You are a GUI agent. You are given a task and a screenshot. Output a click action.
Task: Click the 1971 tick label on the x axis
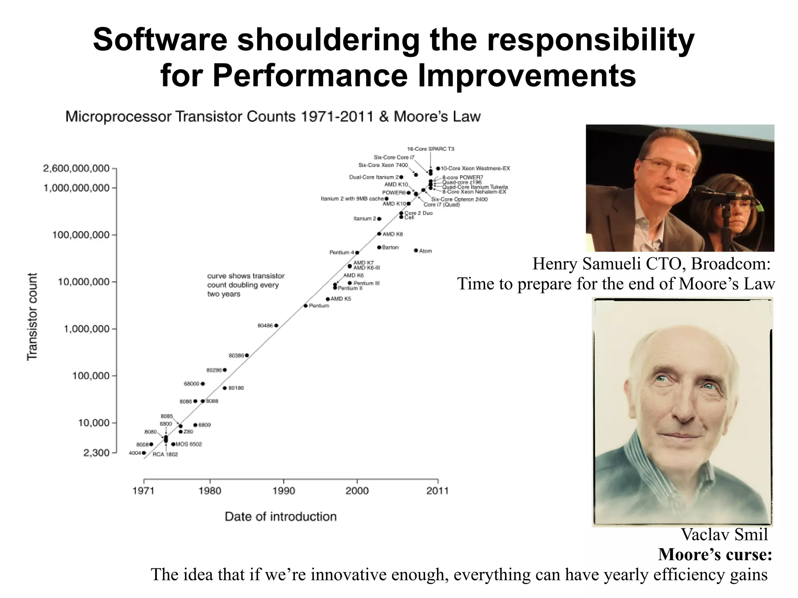click(144, 490)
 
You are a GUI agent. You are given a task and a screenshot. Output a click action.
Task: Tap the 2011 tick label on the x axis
click(437, 490)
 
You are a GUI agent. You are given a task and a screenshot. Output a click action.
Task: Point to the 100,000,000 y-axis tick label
click(81, 235)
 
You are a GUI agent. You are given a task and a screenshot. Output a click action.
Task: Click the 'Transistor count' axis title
click(32, 316)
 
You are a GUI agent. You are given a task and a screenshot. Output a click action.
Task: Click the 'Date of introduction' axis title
click(281, 517)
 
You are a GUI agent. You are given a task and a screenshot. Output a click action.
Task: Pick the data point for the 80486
click(276, 325)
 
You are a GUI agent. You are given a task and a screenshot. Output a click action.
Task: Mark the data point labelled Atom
click(416, 250)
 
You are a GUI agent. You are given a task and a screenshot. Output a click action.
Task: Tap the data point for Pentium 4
click(357, 253)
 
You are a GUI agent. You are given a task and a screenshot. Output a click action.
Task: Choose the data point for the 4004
click(144, 453)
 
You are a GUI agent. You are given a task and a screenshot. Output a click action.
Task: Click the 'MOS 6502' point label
click(189, 444)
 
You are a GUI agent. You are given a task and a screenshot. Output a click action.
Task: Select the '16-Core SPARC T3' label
click(431, 149)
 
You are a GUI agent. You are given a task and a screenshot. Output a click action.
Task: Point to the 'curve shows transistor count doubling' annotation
click(245, 285)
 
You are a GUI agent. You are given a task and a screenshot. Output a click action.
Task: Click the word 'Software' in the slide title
click(160, 40)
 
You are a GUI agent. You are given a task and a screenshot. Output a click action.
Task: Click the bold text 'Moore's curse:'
click(715, 554)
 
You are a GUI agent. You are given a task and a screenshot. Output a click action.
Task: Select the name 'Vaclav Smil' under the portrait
click(724, 534)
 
